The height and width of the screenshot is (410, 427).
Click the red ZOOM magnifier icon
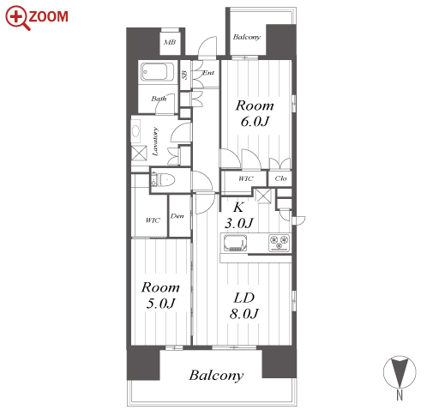click(x=18, y=18)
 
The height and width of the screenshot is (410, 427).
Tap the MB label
click(x=170, y=42)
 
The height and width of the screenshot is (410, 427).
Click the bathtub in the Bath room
click(x=154, y=71)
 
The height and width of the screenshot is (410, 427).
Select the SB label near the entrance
click(x=185, y=75)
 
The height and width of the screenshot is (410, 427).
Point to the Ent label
click(x=208, y=73)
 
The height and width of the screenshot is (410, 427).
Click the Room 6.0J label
click(x=255, y=113)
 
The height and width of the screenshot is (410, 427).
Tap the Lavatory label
click(x=155, y=142)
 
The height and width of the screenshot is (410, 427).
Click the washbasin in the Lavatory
click(x=135, y=131)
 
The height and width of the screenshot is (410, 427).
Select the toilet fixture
click(x=165, y=180)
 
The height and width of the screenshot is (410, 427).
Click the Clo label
click(x=280, y=178)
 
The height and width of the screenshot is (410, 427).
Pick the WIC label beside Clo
click(x=246, y=178)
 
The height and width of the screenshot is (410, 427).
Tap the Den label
click(x=177, y=216)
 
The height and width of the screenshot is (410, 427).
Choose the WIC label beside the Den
click(x=153, y=220)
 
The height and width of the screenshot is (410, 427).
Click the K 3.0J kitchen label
click(x=239, y=215)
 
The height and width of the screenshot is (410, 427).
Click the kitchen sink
click(x=235, y=243)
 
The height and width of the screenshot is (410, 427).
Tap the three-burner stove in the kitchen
click(x=280, y=243)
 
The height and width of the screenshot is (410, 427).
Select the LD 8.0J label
click(x=244, y=305)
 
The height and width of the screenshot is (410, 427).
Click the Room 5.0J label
click(x=160, y=295)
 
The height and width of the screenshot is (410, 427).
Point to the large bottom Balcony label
click(x=216, y=376)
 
